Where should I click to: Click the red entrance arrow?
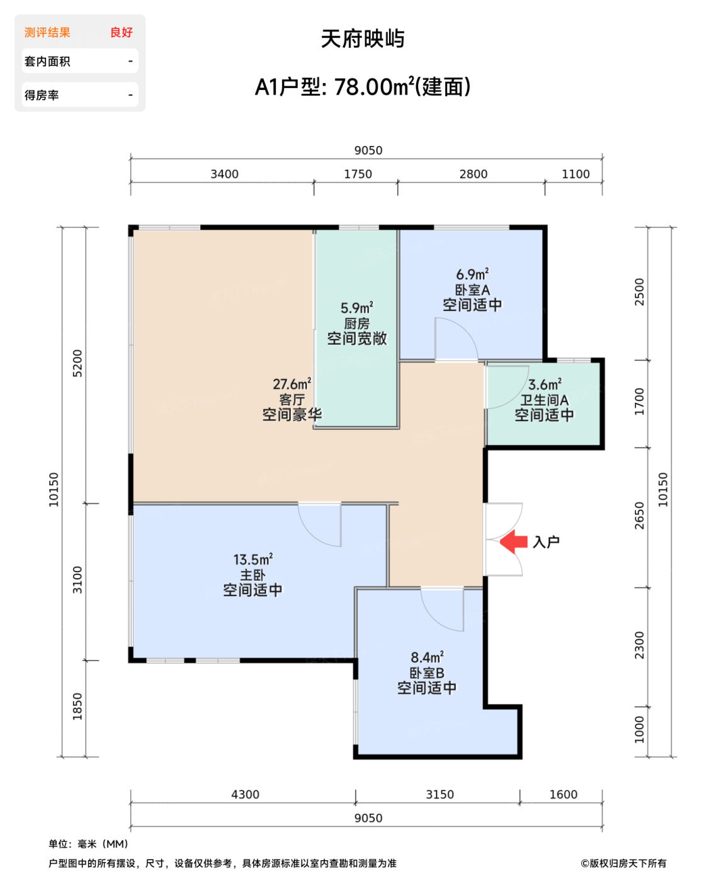pyautogui.click(x=514, y=541)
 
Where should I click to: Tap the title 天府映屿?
pyautogui.click(x=363, y=39)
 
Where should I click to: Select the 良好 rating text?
pyautogui.click(x=122, y=33)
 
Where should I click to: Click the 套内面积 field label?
pyautogui.click(x=47, y=62)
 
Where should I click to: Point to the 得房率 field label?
pyautogui.click(x=42, y=95)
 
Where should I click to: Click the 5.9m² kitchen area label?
pyautogui.click(x=356, y=308)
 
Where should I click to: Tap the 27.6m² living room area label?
pyautogui.click(x=292, y=384)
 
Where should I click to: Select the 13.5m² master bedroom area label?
pyautogui.click(x=252, y=559)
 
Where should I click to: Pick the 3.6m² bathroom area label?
pyautogui.click(x=545, y=384)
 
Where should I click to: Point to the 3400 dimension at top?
pyautogui.click(x=224, y=174)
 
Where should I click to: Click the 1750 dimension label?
pyautogui.click(x=358, y=174)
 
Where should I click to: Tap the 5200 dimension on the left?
pyautogui.click(x=77, y=363)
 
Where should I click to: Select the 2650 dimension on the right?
pyautogui.click(x=640, y=515)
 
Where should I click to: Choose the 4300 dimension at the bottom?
pyautogui.click(x=245, y=795)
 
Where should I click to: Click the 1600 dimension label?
pyautogui.click(x=563, y=795)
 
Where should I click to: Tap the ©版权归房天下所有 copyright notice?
pyautogui.click(x=623, y=863)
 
